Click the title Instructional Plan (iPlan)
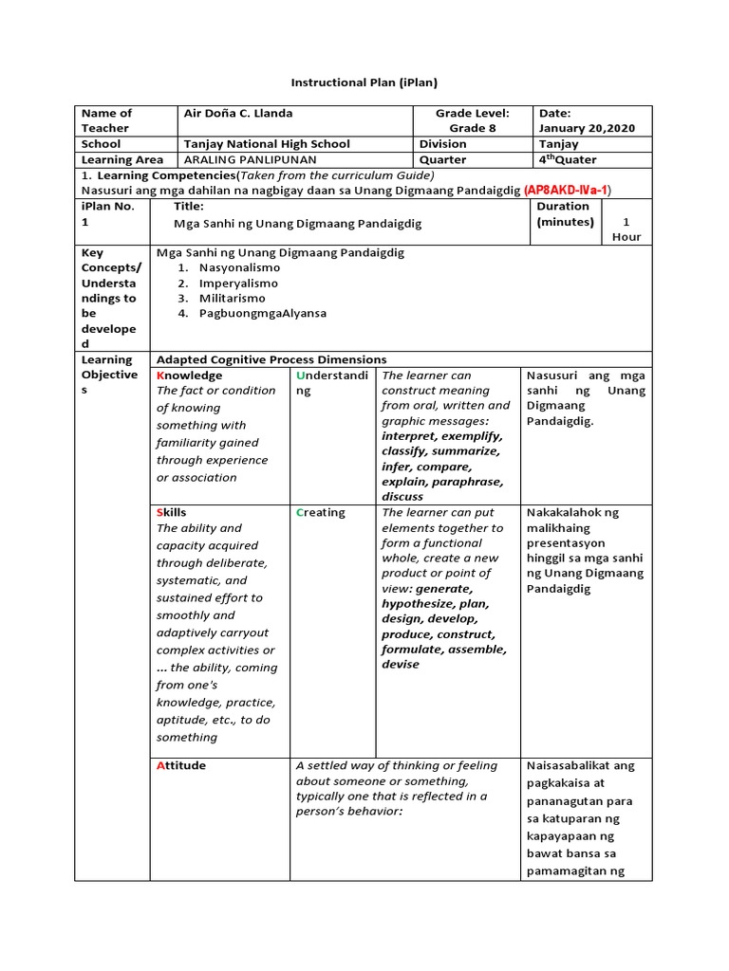click(364, 83)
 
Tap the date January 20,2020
click(587, 128)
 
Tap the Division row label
click(443, 144)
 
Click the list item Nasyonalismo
click(239, 267)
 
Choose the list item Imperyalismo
click(238, 283)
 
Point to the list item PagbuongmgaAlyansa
click(262, 313)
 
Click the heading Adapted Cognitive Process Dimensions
click(271, 359)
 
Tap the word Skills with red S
click(172, 512)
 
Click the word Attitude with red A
click(180, 765)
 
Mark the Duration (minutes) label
click(565, 214)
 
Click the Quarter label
click(442, 160)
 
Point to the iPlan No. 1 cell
click(111, 213)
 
